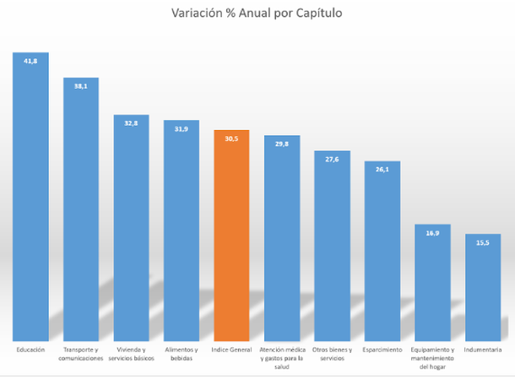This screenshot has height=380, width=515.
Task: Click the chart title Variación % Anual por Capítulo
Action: [257, 14]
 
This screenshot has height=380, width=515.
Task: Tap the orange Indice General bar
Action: [231, 236]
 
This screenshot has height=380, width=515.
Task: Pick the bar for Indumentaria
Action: [482, 287]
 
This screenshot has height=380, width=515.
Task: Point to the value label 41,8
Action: [30, 61]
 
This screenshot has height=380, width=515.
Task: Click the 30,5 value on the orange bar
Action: [231, 138]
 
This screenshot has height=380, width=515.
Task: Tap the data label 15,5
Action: [482, 242]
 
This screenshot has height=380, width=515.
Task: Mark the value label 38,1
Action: [81, 86]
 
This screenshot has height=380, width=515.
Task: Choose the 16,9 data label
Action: [431, 233]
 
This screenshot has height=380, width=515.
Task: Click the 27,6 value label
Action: [332, 159]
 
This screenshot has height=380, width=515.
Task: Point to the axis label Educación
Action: [30, 350]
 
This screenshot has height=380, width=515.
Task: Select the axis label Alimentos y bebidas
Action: [181, 354]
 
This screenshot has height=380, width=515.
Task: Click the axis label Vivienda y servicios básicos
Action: [131, 354]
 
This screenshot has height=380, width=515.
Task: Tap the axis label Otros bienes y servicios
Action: [332, 354]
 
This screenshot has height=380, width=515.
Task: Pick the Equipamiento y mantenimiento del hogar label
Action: [431, 358]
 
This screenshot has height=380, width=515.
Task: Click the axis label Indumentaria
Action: [482, 350]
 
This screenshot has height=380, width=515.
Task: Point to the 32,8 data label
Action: [131, 123]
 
